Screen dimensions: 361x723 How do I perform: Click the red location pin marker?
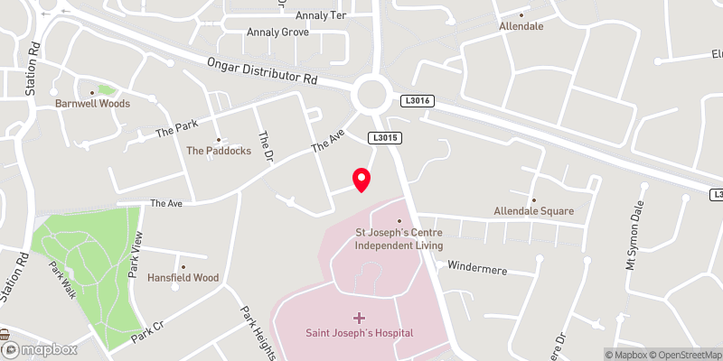[x=361, y=180]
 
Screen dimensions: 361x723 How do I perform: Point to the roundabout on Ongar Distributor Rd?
[x=371, y=92]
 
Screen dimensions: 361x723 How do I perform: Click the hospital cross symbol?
[x=359, y=318]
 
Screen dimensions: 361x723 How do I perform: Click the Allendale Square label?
[x=533, y=211]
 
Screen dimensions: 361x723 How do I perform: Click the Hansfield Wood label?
[x=183, y=278]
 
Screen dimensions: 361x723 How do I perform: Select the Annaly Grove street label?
[x=278, y=32]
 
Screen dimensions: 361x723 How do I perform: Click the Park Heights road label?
[x=256, y=329]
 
